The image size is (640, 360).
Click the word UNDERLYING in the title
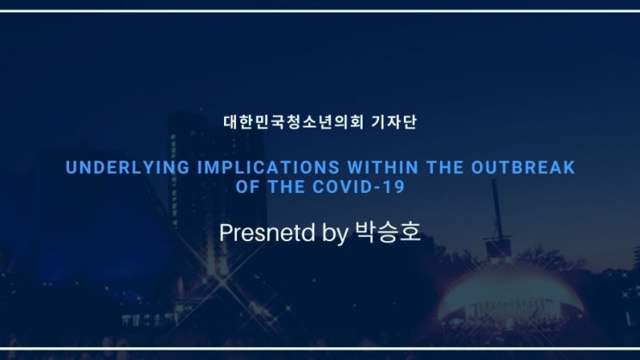point(127,168)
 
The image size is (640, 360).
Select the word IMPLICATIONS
point(269,168)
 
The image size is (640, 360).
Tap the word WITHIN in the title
point(382,168)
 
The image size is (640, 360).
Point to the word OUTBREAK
point(523,168)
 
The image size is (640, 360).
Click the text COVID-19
point(359,187)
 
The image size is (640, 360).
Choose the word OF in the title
point(247,187)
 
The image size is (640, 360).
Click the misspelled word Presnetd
point(267,233)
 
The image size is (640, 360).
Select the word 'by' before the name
point(335,234)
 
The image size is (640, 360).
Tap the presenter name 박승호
point(388,232)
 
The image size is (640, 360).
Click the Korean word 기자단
point(394,122)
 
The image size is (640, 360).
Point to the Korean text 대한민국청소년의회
point(294,122)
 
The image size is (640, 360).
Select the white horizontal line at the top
point(320,11)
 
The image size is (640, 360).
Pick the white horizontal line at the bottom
point(320,349)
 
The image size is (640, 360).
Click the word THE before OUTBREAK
point(444,168)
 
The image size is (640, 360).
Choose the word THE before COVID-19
point(286,187)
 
